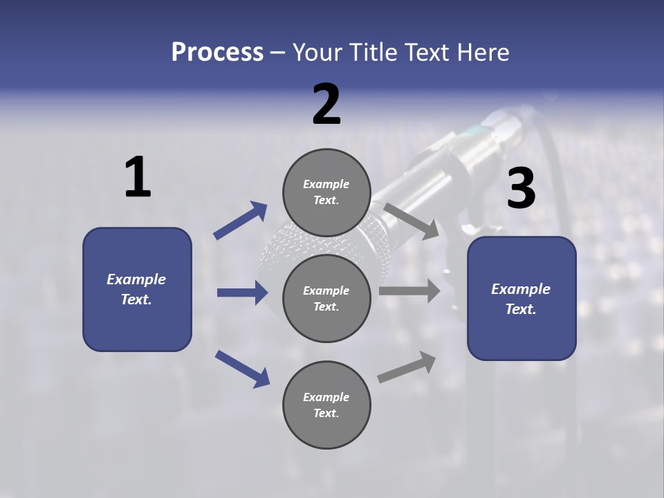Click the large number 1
click(x=138, y=178)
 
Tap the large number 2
click(x=326, y=104)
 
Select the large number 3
click(x=521, y=189)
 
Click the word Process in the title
click(x=217, y=52)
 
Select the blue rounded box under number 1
click(x=137, y=289)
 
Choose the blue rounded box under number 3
click(x=522, y=299)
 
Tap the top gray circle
click(x=326, y=192)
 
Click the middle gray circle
click(x=326, y=298)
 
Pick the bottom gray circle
click(x=326, y=405)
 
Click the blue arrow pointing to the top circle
click(x=241, y=221)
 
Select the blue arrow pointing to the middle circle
click(x=242, y=293)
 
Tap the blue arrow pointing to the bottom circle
click(x=243, y=368)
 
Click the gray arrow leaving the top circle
click(x=411, y=219)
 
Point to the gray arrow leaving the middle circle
click(x=409, y=290)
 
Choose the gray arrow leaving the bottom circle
click(x=407, y=367)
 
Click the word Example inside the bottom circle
click(x=326, y=397)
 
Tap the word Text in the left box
click(x=136, y=299)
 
